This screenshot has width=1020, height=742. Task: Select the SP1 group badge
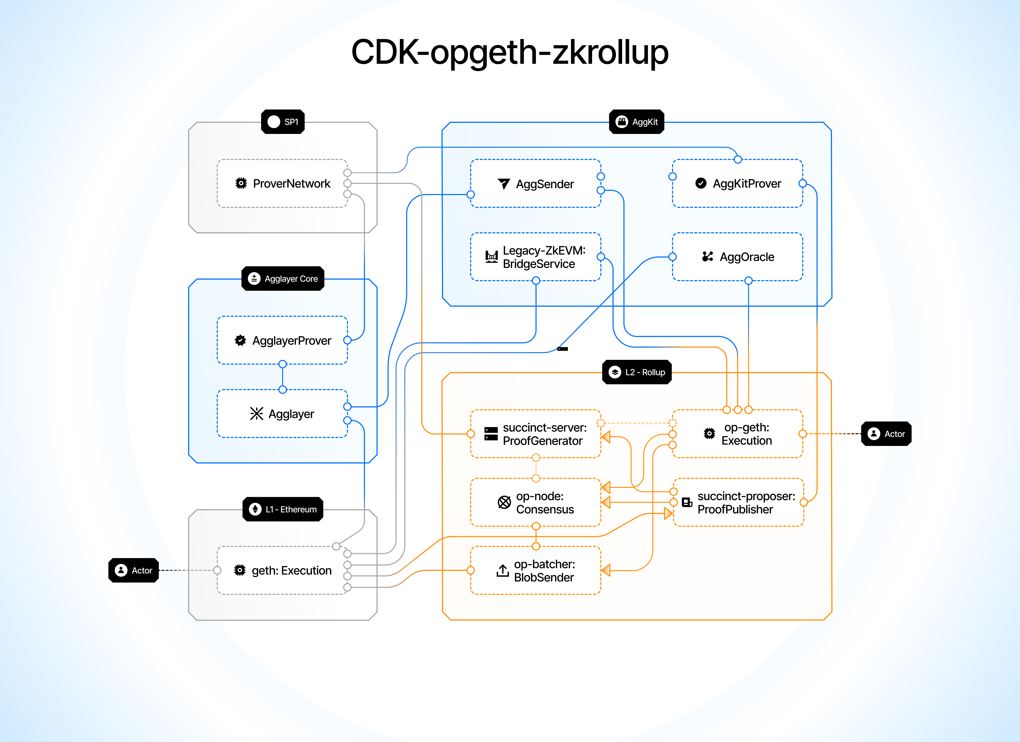[x=283, y=122]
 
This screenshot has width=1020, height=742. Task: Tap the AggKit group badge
[x=636, y=122]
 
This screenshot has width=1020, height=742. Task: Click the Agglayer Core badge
[x=283, y=279]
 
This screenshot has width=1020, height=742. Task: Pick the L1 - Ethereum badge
[x=283, y=509]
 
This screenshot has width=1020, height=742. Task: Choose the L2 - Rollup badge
[x=636, y=372]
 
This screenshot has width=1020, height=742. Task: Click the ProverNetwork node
[x=282, y=184]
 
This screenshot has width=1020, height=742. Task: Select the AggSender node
[x=535, y=184]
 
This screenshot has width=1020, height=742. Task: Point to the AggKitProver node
[x=738, y=184]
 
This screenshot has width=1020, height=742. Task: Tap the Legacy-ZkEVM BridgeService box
[x=535, y=257]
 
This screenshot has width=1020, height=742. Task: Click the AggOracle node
[x=738, y=257]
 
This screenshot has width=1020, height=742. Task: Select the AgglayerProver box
[x=282, y=341]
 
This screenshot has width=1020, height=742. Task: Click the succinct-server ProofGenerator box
[x=535, y=434]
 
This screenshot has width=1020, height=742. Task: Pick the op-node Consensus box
[x=535, y=503]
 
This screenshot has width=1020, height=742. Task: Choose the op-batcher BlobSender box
[x=535, y=570]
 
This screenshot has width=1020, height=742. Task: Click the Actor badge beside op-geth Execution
[x=886, y=434]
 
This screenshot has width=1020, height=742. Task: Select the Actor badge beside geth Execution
[x=134, y=570]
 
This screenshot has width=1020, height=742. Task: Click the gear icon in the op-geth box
[x=709, y=433]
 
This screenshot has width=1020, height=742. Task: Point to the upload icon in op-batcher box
[x=502, y=570]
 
